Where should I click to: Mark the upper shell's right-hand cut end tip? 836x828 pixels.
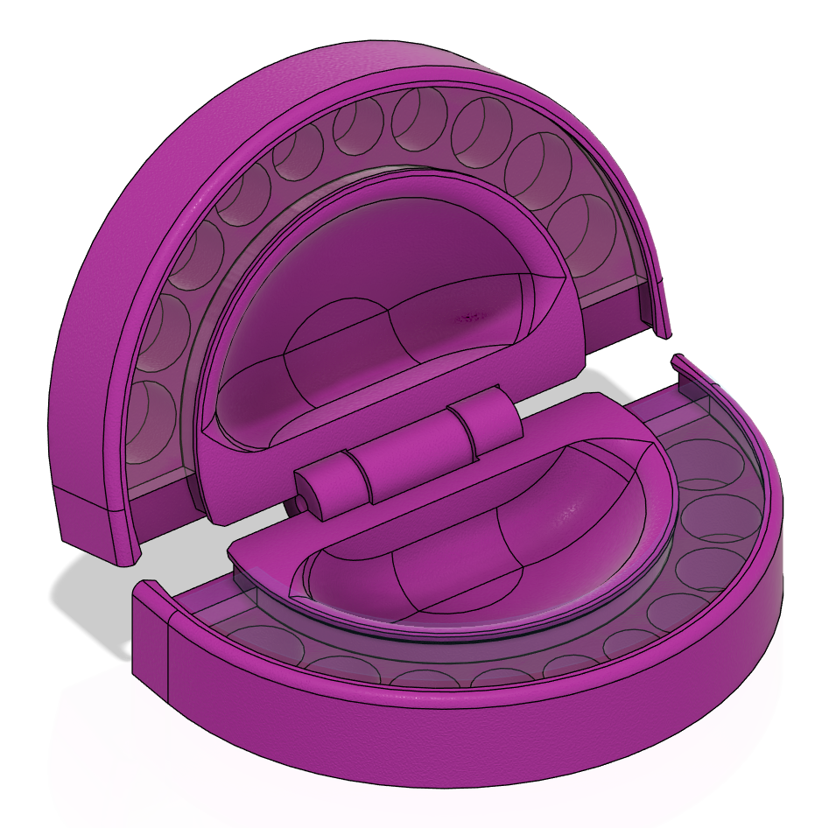tap(664, 331)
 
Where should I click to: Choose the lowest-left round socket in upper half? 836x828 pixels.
tap(149, 420)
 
